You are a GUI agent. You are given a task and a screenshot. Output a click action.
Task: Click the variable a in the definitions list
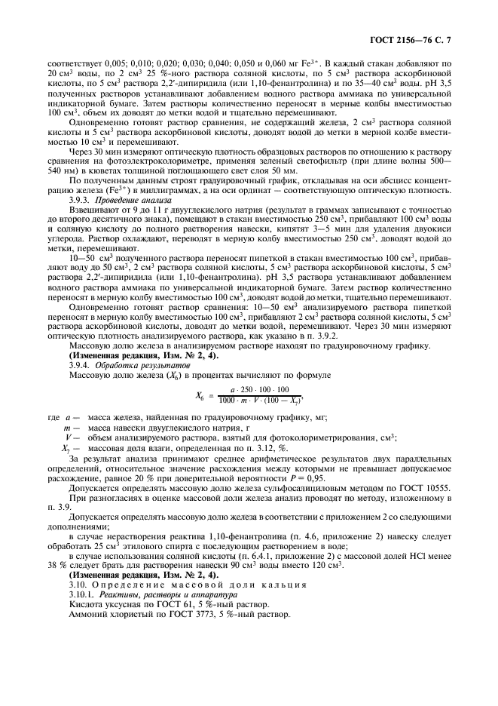click(69, 416)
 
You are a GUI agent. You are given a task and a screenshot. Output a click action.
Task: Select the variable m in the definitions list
click(67, 427)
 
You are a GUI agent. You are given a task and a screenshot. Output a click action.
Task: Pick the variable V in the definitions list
click(68, 437)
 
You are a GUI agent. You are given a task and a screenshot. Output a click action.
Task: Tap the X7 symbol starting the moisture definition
click(66, 448)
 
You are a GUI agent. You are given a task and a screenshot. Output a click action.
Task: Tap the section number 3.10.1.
click(81, 594)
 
